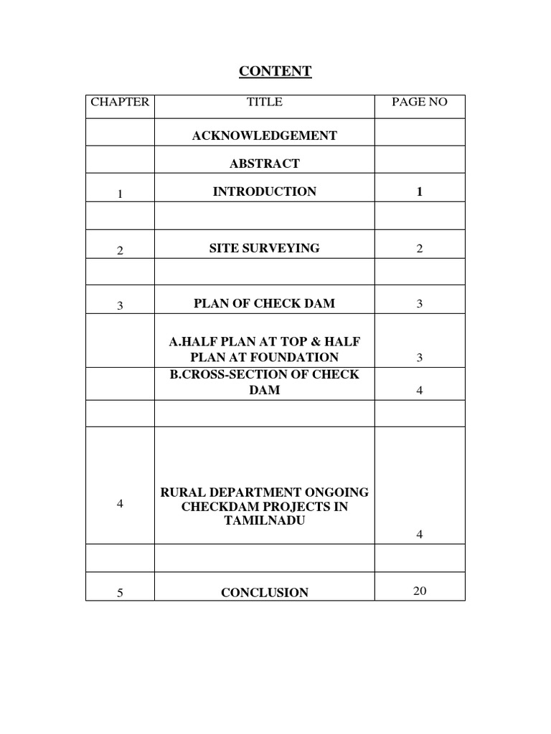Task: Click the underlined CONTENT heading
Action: (275, 71)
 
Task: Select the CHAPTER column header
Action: (120, 102)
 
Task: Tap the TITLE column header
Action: (265, 102)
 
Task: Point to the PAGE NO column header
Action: (419, 102)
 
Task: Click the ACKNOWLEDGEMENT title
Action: (265, 135)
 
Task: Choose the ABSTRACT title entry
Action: (265, 163)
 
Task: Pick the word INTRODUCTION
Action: (265, 191)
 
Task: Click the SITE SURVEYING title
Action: (265, 248)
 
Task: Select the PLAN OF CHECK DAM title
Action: (265, 303)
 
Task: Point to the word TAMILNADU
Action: (265, 520)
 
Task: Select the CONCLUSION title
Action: (265, 593)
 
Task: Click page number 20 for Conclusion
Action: (420, 591)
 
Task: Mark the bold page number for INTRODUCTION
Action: (419, 191)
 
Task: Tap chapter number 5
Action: (120, 593)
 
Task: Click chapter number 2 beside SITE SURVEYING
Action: (120, 250)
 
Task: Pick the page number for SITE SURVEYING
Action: (419, 249)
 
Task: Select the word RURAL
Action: (183, 492)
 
